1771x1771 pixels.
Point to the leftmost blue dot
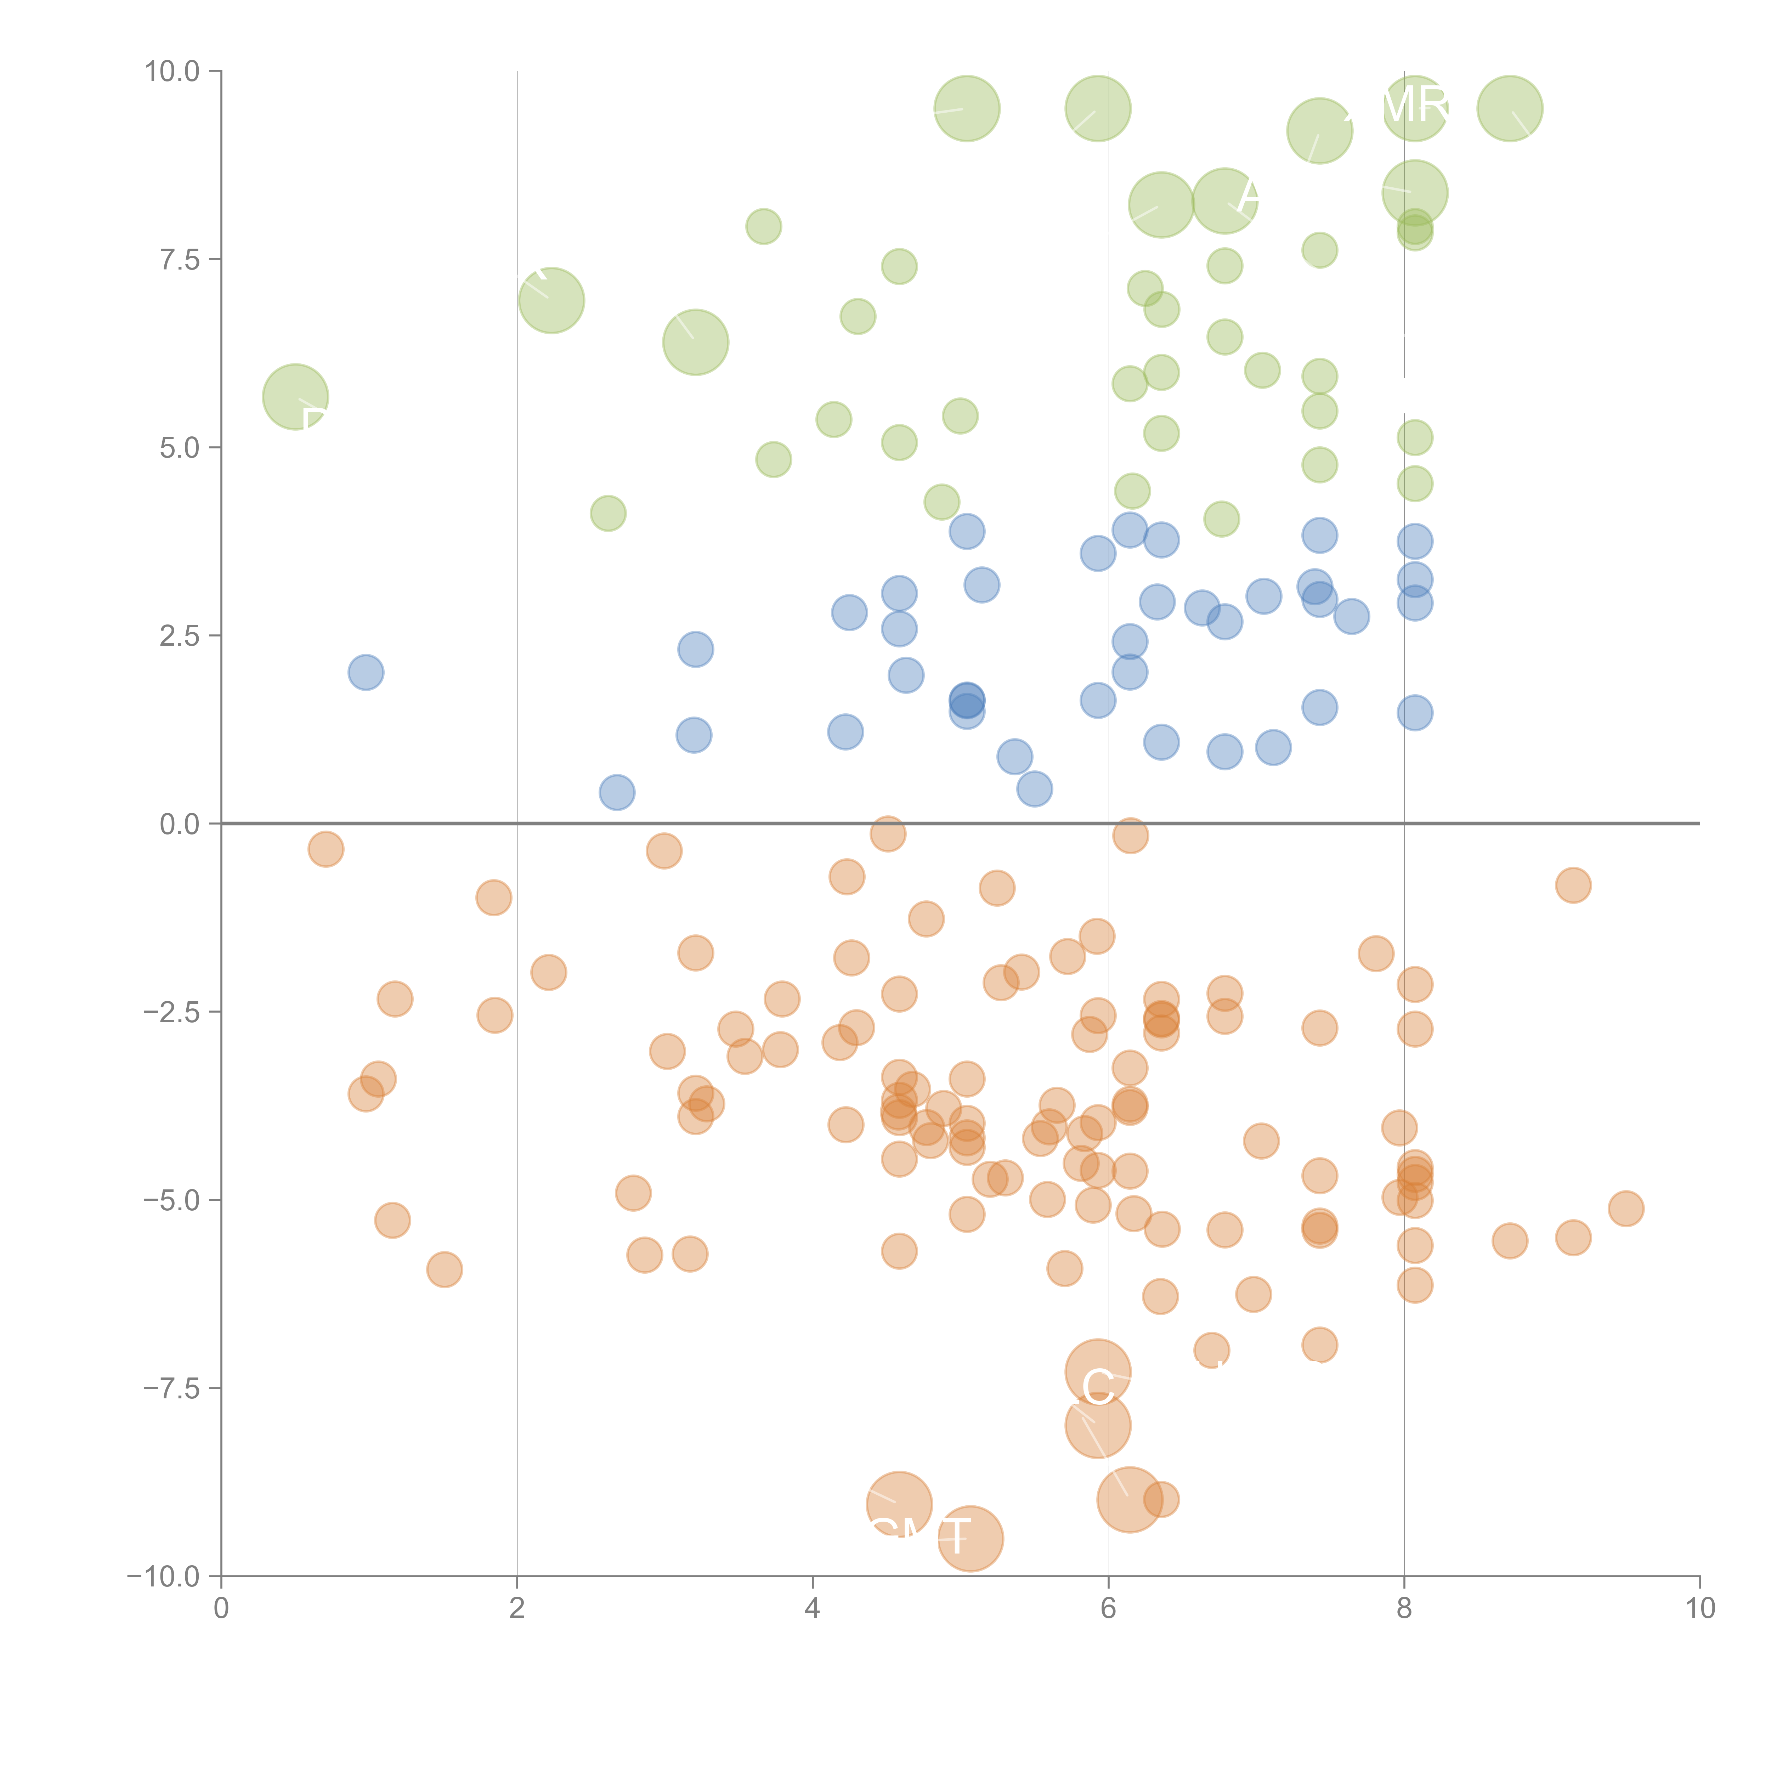pos(366,673)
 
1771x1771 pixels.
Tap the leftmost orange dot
pos(326,850)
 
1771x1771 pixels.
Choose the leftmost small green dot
pos(608,513)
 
